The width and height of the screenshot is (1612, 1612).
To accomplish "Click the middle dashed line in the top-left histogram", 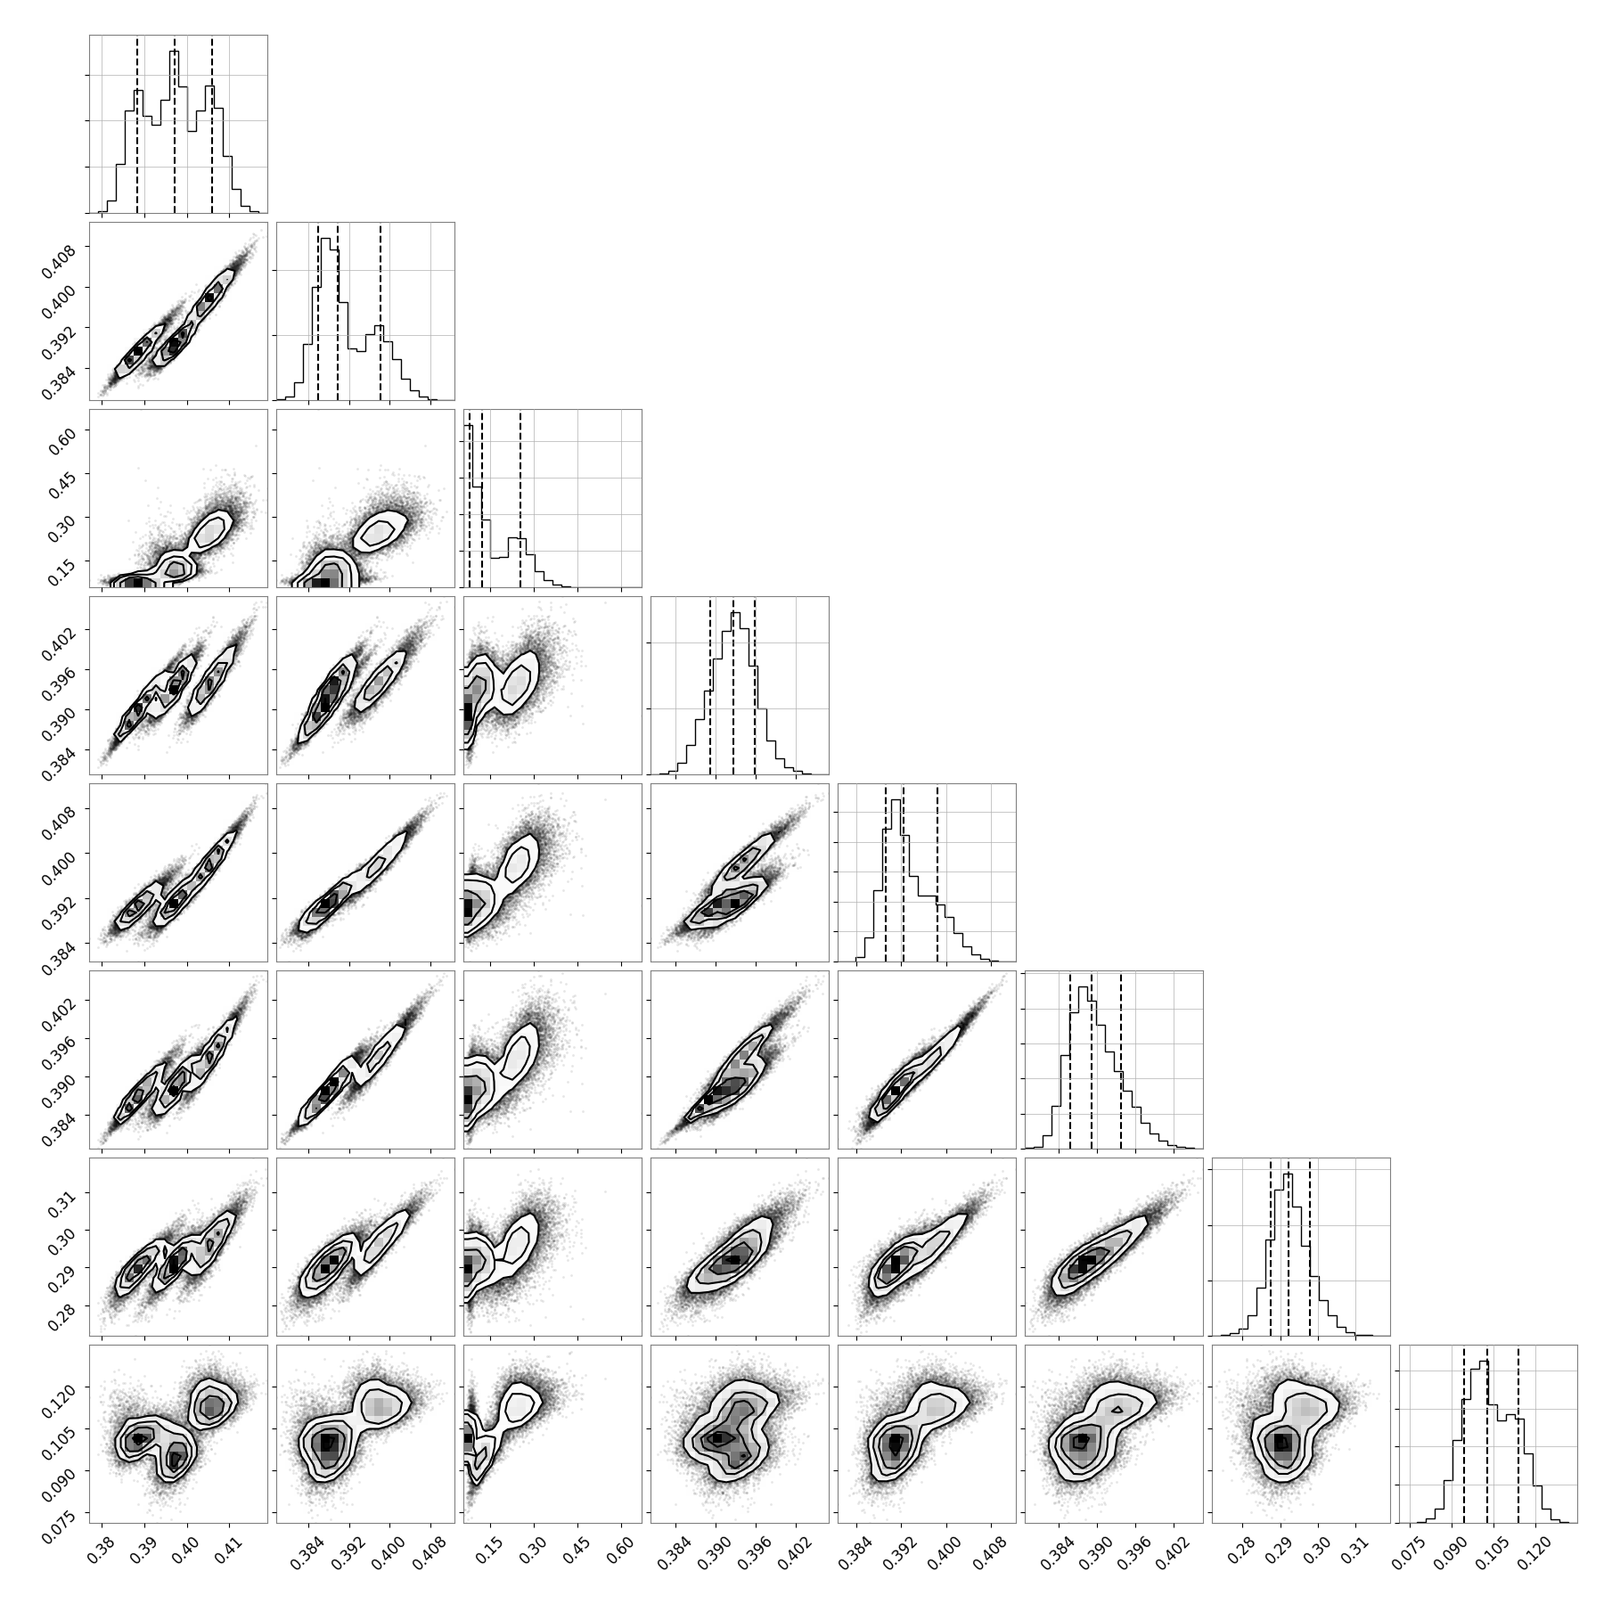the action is click(x=175, y=125).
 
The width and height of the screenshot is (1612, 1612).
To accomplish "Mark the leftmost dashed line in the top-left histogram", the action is click(x=137, y=125).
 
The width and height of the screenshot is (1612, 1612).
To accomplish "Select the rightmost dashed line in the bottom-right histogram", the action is click(x=1518, y=1435).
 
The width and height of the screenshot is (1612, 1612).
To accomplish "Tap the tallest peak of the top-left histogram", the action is click(x=175, y=52).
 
